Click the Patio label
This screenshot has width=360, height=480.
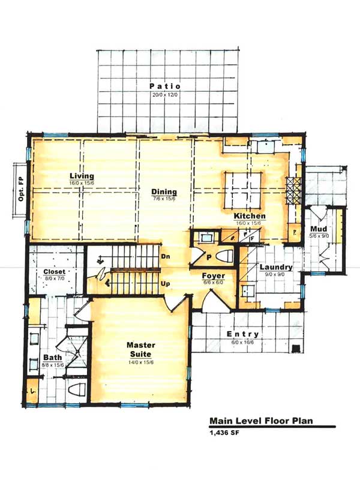tap(165, 86)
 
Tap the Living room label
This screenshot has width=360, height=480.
tap(82, 176)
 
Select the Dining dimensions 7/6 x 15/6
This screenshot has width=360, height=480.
tap(164, 199)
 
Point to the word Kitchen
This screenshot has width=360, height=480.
tap(250, 216)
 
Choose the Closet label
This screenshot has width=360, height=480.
tap(54, 272)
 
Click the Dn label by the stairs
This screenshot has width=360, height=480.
tap(166, 256)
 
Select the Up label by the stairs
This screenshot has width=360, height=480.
tap(166, 284)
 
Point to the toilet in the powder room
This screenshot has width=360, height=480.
tap(225, 256)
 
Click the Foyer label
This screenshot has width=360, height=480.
tap(214, 276)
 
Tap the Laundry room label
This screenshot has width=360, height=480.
tap(276, 267)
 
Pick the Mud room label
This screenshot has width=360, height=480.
tap(319, 229)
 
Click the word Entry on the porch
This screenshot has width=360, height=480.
tap(243, 334)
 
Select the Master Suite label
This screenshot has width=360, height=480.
tap(141, 350)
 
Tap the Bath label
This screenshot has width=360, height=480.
tap(53, 358)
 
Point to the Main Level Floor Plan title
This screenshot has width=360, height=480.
tap(261, 421)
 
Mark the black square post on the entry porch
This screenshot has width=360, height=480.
tap(295, 349)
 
